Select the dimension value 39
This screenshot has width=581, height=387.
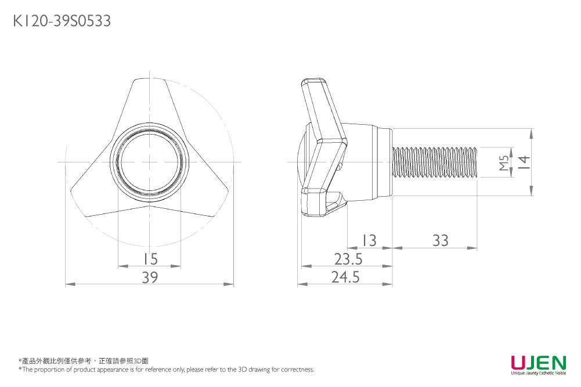pyautogui.click(x=150, y=278)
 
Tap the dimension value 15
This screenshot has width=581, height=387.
pyautogui.click(x=150, y=259)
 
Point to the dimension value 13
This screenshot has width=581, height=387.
pyautogui.click(x=368, y=240)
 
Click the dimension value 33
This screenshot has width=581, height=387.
pyautogui.click(x=441, y=240)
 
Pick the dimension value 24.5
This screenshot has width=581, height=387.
pyautogui.click(x=346, y=278)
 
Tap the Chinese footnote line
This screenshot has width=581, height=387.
pyautogui.click(x=84, y=361)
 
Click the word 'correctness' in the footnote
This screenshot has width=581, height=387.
pyautogui.click(x=297, y=370)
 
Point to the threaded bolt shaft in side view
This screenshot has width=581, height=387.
pyautogui.click(x=435, y=162)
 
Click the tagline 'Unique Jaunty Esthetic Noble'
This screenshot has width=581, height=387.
pyautogui.click(x=538, y=374)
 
